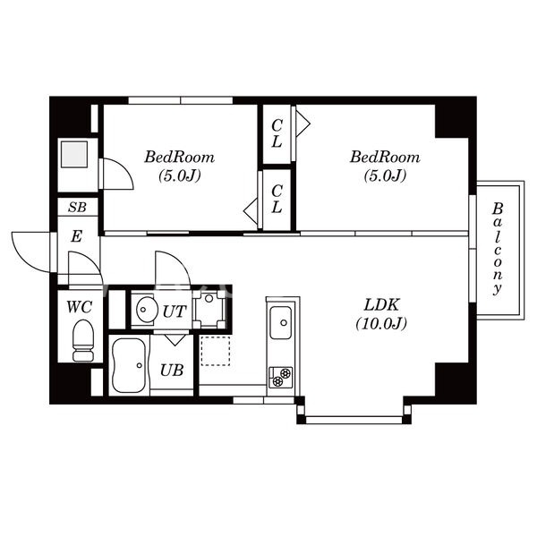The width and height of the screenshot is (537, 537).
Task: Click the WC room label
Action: [x=80, y=306]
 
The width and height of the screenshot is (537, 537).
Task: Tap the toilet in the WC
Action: [x=81, y=341]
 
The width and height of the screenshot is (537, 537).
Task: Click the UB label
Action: [x=173, y=369]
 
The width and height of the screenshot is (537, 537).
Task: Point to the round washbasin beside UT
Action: [x=145, y=311]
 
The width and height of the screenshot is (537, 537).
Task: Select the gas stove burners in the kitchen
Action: [x=280, y=376]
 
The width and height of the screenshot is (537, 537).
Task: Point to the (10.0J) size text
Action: [x=380, y=323]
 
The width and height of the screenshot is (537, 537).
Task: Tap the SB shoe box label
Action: [x=79, y=208]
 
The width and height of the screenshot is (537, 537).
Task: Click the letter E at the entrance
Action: [x=77, y=237]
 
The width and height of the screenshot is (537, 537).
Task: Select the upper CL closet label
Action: [x=277, y=134]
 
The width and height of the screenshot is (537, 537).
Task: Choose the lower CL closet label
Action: [x=277, y=199]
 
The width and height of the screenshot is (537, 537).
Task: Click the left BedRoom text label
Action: [x=180, y=157]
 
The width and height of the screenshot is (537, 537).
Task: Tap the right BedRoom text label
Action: [x=385, y=157]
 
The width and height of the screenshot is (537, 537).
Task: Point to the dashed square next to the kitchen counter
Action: [x=215, y=350]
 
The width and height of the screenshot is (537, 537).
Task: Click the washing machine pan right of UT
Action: [x=209, y=310]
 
